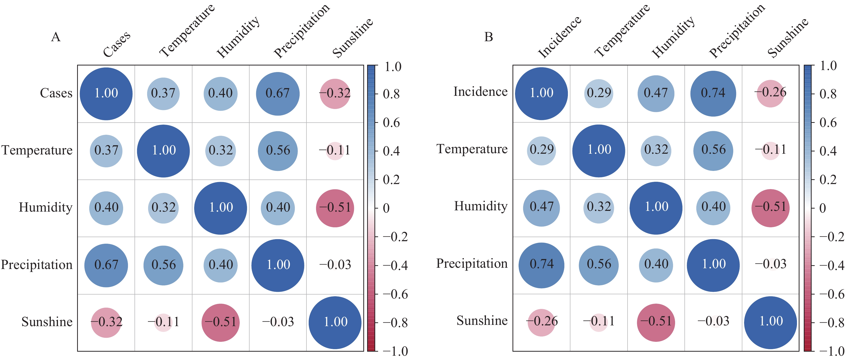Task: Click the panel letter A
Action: tap(56, 37)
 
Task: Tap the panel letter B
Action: tap(489, 37)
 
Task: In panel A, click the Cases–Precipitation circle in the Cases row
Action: tap(278, 94)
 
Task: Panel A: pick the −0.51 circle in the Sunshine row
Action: tap(221, 322)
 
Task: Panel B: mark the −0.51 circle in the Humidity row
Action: tap(770, 208)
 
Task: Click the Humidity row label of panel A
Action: tap(46, 208)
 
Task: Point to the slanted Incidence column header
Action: tap(559, 37)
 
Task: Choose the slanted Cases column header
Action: tap(117, 44)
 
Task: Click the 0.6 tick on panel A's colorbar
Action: tap(391, 123)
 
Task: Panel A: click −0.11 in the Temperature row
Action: tap(335, 150)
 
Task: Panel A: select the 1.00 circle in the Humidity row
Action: tap(221, 208)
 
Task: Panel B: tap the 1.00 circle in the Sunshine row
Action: tap(770, 322)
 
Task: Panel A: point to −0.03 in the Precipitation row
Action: tap(335, 265)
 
